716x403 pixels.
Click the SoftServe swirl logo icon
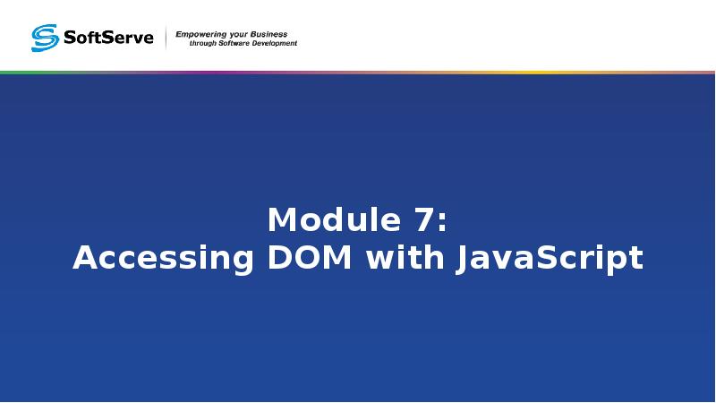[x=45, y=38]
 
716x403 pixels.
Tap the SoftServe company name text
[x=108, y=38]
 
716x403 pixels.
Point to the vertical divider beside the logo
[x=166, y=38]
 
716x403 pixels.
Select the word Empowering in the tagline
[x=203, y=33]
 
